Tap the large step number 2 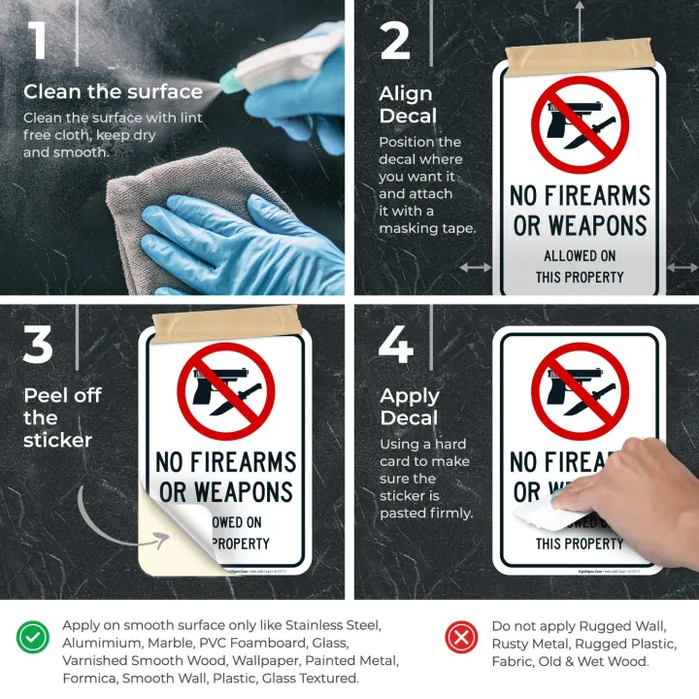[x=395, y=40]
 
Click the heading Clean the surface [x=113, y=92]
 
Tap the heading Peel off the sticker [x=61, y=417]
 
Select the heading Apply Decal [x=409, y=407]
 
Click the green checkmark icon [x=32, y=637]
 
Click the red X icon [x=461, y=637]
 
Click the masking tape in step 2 [x=580, y=57]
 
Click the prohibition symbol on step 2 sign [x=580, y=124]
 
